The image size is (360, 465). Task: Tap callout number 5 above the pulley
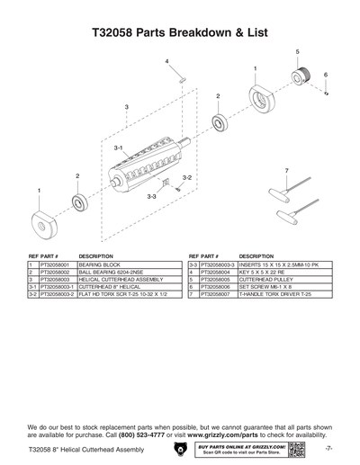[x=298, y=52]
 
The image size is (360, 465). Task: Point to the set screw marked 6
[x=326, y=94]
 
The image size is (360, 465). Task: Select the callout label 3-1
[x=118, y=146]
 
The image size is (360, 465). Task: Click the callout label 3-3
[x=152, y=196]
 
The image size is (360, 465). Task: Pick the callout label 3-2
[x=186, y=178]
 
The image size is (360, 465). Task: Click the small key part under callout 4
[x=180, y=76]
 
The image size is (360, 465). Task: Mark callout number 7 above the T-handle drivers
[x=285, y=170]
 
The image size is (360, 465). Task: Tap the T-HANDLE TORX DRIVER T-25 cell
[x=274, y=294]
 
